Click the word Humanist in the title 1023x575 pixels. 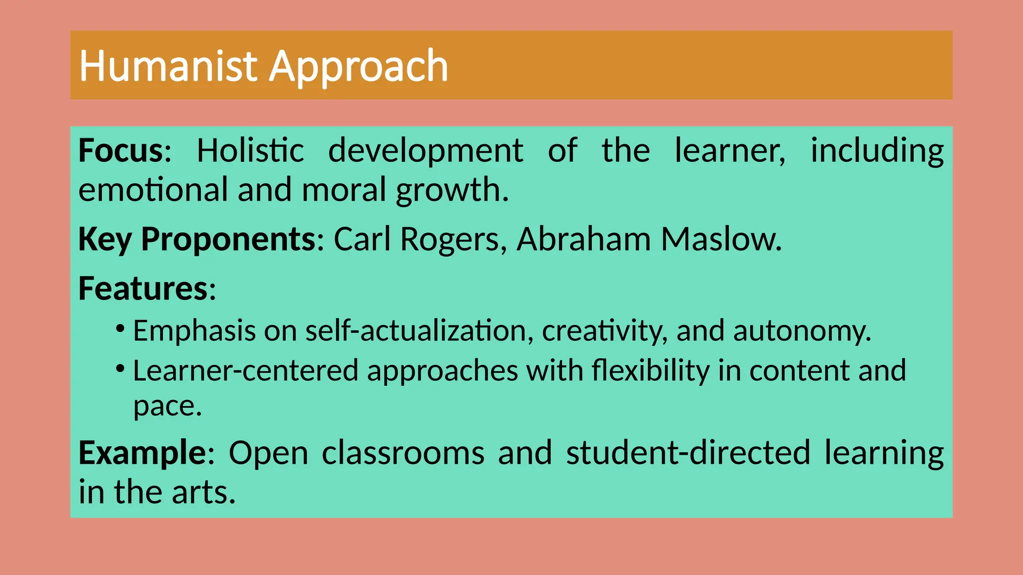pos(168,66)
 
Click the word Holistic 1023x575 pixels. pos(250,150)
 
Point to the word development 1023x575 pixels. pos(425,151)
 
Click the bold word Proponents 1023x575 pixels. pos(228,240)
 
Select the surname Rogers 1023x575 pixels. pos(450,240)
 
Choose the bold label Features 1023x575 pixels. pos(143,288)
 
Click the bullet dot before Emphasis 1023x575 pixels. pos(120,329)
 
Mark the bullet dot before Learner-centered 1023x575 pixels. pos(120,369)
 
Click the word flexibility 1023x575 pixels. pos(650,371)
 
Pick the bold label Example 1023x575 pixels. pos(142,453)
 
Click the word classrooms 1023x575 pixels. pos(403,453)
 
